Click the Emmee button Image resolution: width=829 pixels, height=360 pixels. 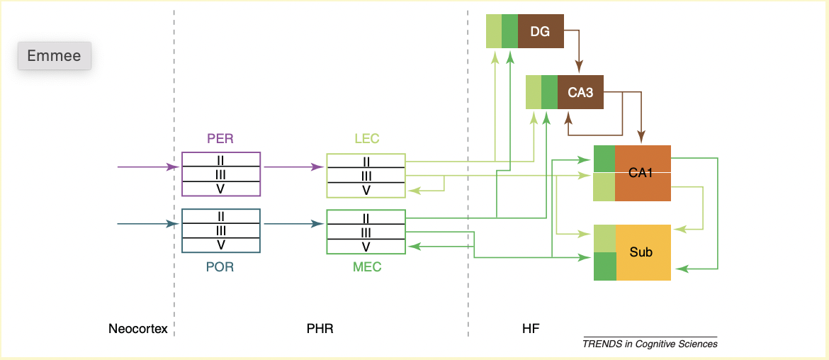coord(55,56)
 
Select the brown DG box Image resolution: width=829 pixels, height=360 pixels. coord(541,31)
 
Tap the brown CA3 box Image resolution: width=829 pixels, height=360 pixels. coord(580,92)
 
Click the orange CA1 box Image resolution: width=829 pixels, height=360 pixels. coord(642,173)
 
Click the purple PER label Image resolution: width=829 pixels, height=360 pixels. coord(220,139)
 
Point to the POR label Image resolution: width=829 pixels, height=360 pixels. coord(220,267)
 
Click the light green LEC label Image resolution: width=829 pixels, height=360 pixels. coord(366,139)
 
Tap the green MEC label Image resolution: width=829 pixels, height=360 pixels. coord(366,267)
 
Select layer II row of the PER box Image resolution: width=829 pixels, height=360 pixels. coord(221,159)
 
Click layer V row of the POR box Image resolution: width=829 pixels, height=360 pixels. coord(221,245)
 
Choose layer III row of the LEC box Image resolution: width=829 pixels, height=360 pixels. coord(366,175)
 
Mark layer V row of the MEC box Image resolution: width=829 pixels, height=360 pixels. coord(366,247)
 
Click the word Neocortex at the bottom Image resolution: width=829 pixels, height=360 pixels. coord(138,329)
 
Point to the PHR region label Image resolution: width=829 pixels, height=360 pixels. coord(320,329)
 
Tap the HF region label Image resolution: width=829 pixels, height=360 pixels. coord(530,329)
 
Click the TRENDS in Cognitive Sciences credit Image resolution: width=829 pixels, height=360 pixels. coord(650,344)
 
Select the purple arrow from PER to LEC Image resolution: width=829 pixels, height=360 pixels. coord(293,167)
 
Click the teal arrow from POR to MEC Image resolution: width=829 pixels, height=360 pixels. coord(293,224)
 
